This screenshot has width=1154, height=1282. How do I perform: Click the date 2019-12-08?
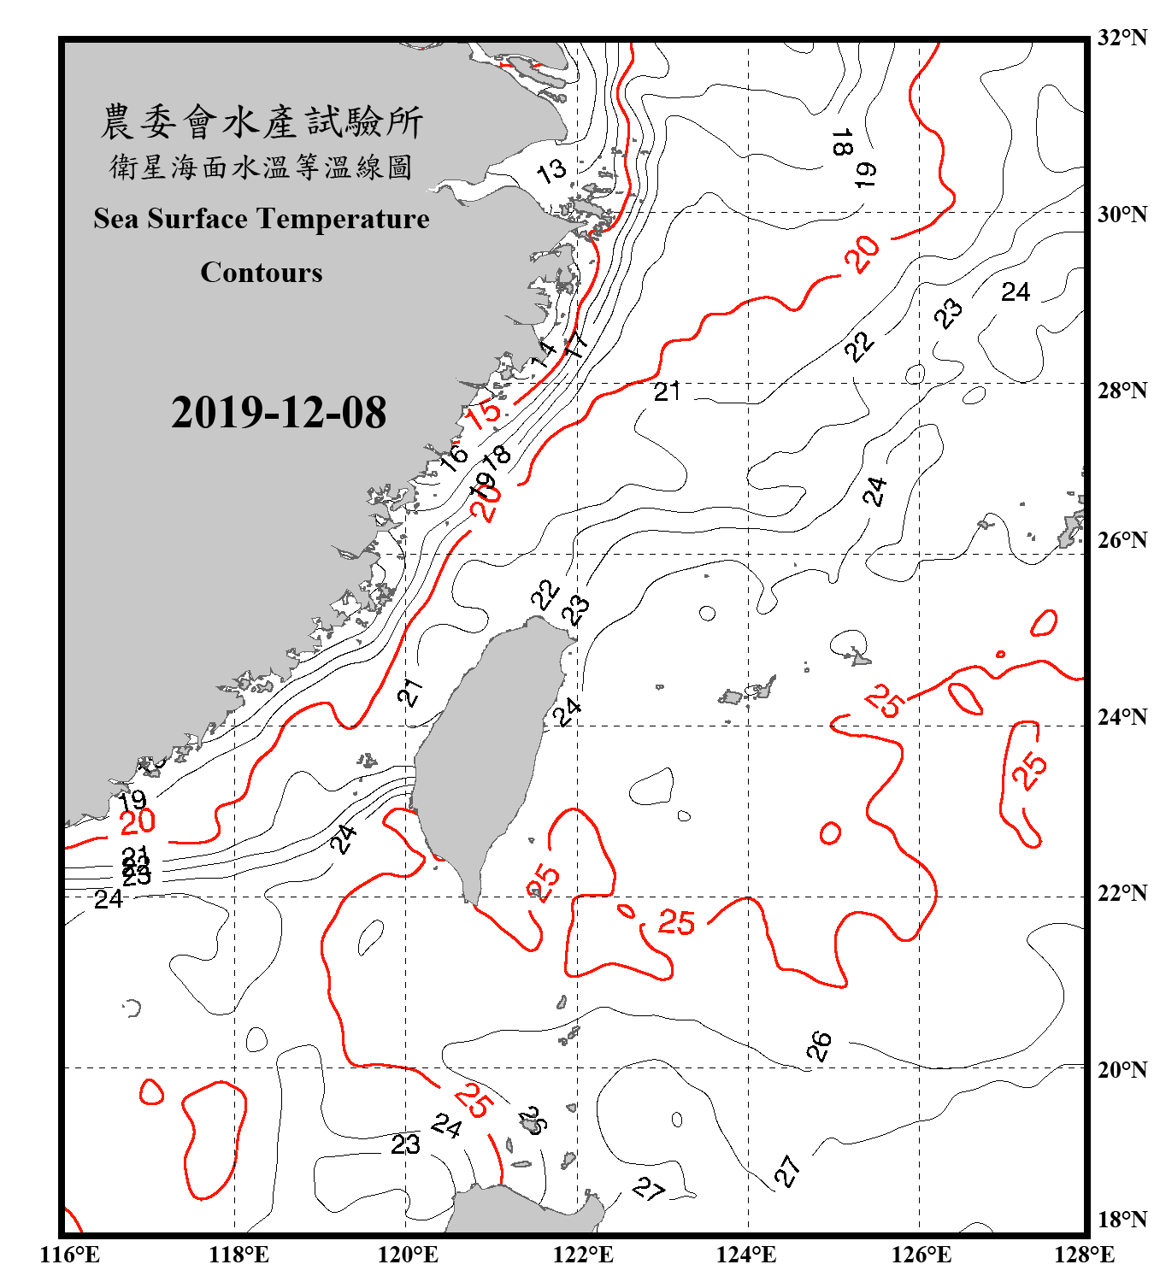279,413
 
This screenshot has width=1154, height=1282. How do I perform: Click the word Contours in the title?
262,272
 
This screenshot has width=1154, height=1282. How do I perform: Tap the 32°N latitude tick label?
1122,38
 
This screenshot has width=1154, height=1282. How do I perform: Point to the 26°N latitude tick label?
1122,540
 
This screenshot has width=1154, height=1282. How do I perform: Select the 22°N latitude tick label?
1122,893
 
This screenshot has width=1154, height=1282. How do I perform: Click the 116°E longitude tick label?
70,1255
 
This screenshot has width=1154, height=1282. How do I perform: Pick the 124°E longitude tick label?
746,1255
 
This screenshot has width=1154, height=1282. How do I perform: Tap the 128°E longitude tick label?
1084,1255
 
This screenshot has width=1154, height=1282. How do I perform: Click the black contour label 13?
551,171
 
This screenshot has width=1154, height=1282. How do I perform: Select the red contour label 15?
483,414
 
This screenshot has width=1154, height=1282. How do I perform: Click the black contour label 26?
819,1045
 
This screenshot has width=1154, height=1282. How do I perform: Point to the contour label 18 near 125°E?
842,142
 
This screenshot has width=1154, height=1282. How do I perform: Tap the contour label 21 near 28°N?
667,391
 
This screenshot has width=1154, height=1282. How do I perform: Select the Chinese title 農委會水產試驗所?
262,122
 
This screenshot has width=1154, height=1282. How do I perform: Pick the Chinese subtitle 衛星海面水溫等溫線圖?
262,167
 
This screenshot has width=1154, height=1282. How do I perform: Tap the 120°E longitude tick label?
408,1255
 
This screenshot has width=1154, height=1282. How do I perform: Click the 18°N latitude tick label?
1122,1219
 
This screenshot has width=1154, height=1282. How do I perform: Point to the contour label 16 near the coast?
453,457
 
